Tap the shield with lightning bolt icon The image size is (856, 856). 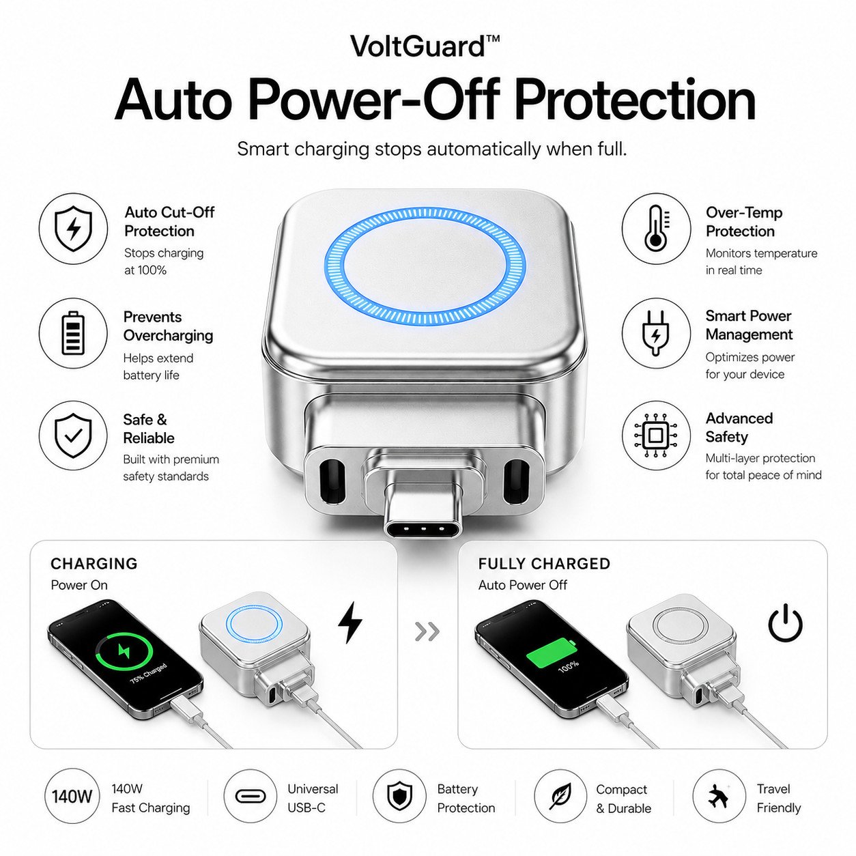click(x=73, y=229)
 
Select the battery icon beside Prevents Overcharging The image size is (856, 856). click(x=73, y=333)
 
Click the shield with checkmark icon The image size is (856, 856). click(x=73, y=436)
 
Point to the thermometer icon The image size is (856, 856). click(x=657, y=228)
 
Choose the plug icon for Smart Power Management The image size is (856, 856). click(x=656, y=332)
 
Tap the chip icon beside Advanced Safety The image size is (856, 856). click(x=656, y=436)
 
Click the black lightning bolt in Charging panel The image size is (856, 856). click(x=350, y=623)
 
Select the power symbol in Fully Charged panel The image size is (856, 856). click(x=786, y=623)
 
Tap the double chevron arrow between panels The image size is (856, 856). click(x=427, y=631)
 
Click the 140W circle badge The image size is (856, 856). click(x=72, y=797)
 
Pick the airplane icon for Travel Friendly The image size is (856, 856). click(x=719, y=797)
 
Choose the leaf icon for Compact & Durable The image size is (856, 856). click(x=560, y=797)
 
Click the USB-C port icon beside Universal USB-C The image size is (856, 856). click(x=250, y=797)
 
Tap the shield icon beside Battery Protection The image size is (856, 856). click(x=400, y=797)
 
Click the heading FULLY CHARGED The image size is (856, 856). click(x=544, y=564)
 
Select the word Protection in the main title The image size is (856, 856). click(x=636, y=100)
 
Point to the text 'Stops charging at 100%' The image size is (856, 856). click(x=164, y=261)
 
